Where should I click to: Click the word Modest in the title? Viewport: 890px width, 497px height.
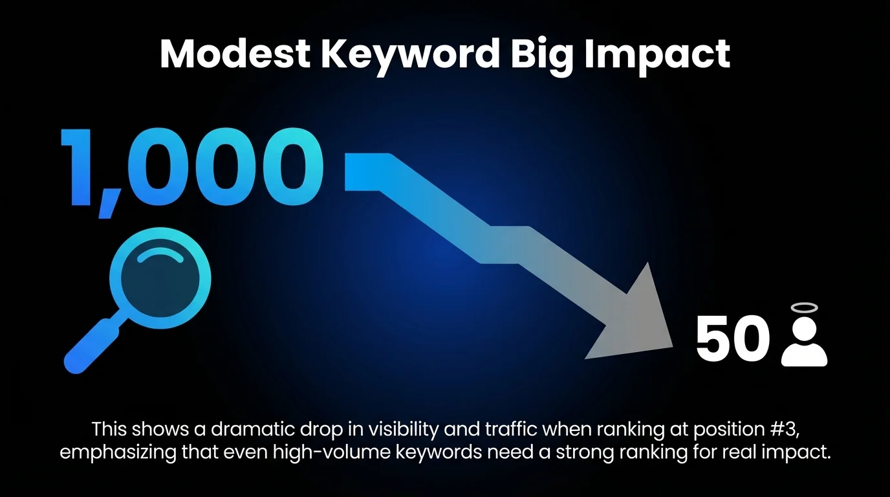[235, 55]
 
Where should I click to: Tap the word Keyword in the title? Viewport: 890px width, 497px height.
[410, 55]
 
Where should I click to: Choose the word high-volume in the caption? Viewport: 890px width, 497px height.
[318, 452]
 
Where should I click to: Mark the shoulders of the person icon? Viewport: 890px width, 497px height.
[805, 355]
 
